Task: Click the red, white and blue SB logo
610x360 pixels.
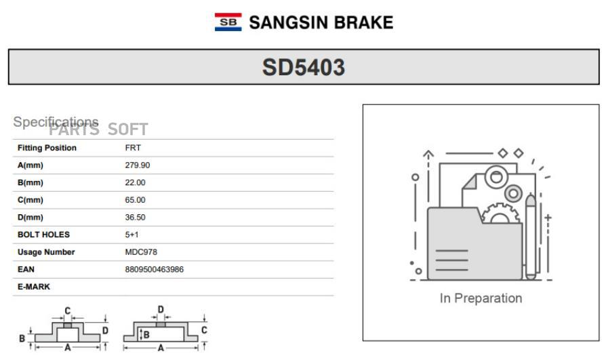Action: coord(228,22)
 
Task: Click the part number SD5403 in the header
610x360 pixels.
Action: coord(304,67)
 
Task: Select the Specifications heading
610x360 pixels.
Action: coord(56,122)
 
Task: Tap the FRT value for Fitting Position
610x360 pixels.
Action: coord(133,148)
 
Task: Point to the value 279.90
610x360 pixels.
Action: coord(138,165)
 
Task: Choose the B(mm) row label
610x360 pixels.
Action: coord(30,182)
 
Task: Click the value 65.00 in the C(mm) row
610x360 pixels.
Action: coord(135,199)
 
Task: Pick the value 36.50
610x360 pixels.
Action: coord(135,217)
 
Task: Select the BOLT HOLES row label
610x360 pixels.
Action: coord(43,235)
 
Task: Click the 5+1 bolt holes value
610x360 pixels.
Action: coord(131,235)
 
